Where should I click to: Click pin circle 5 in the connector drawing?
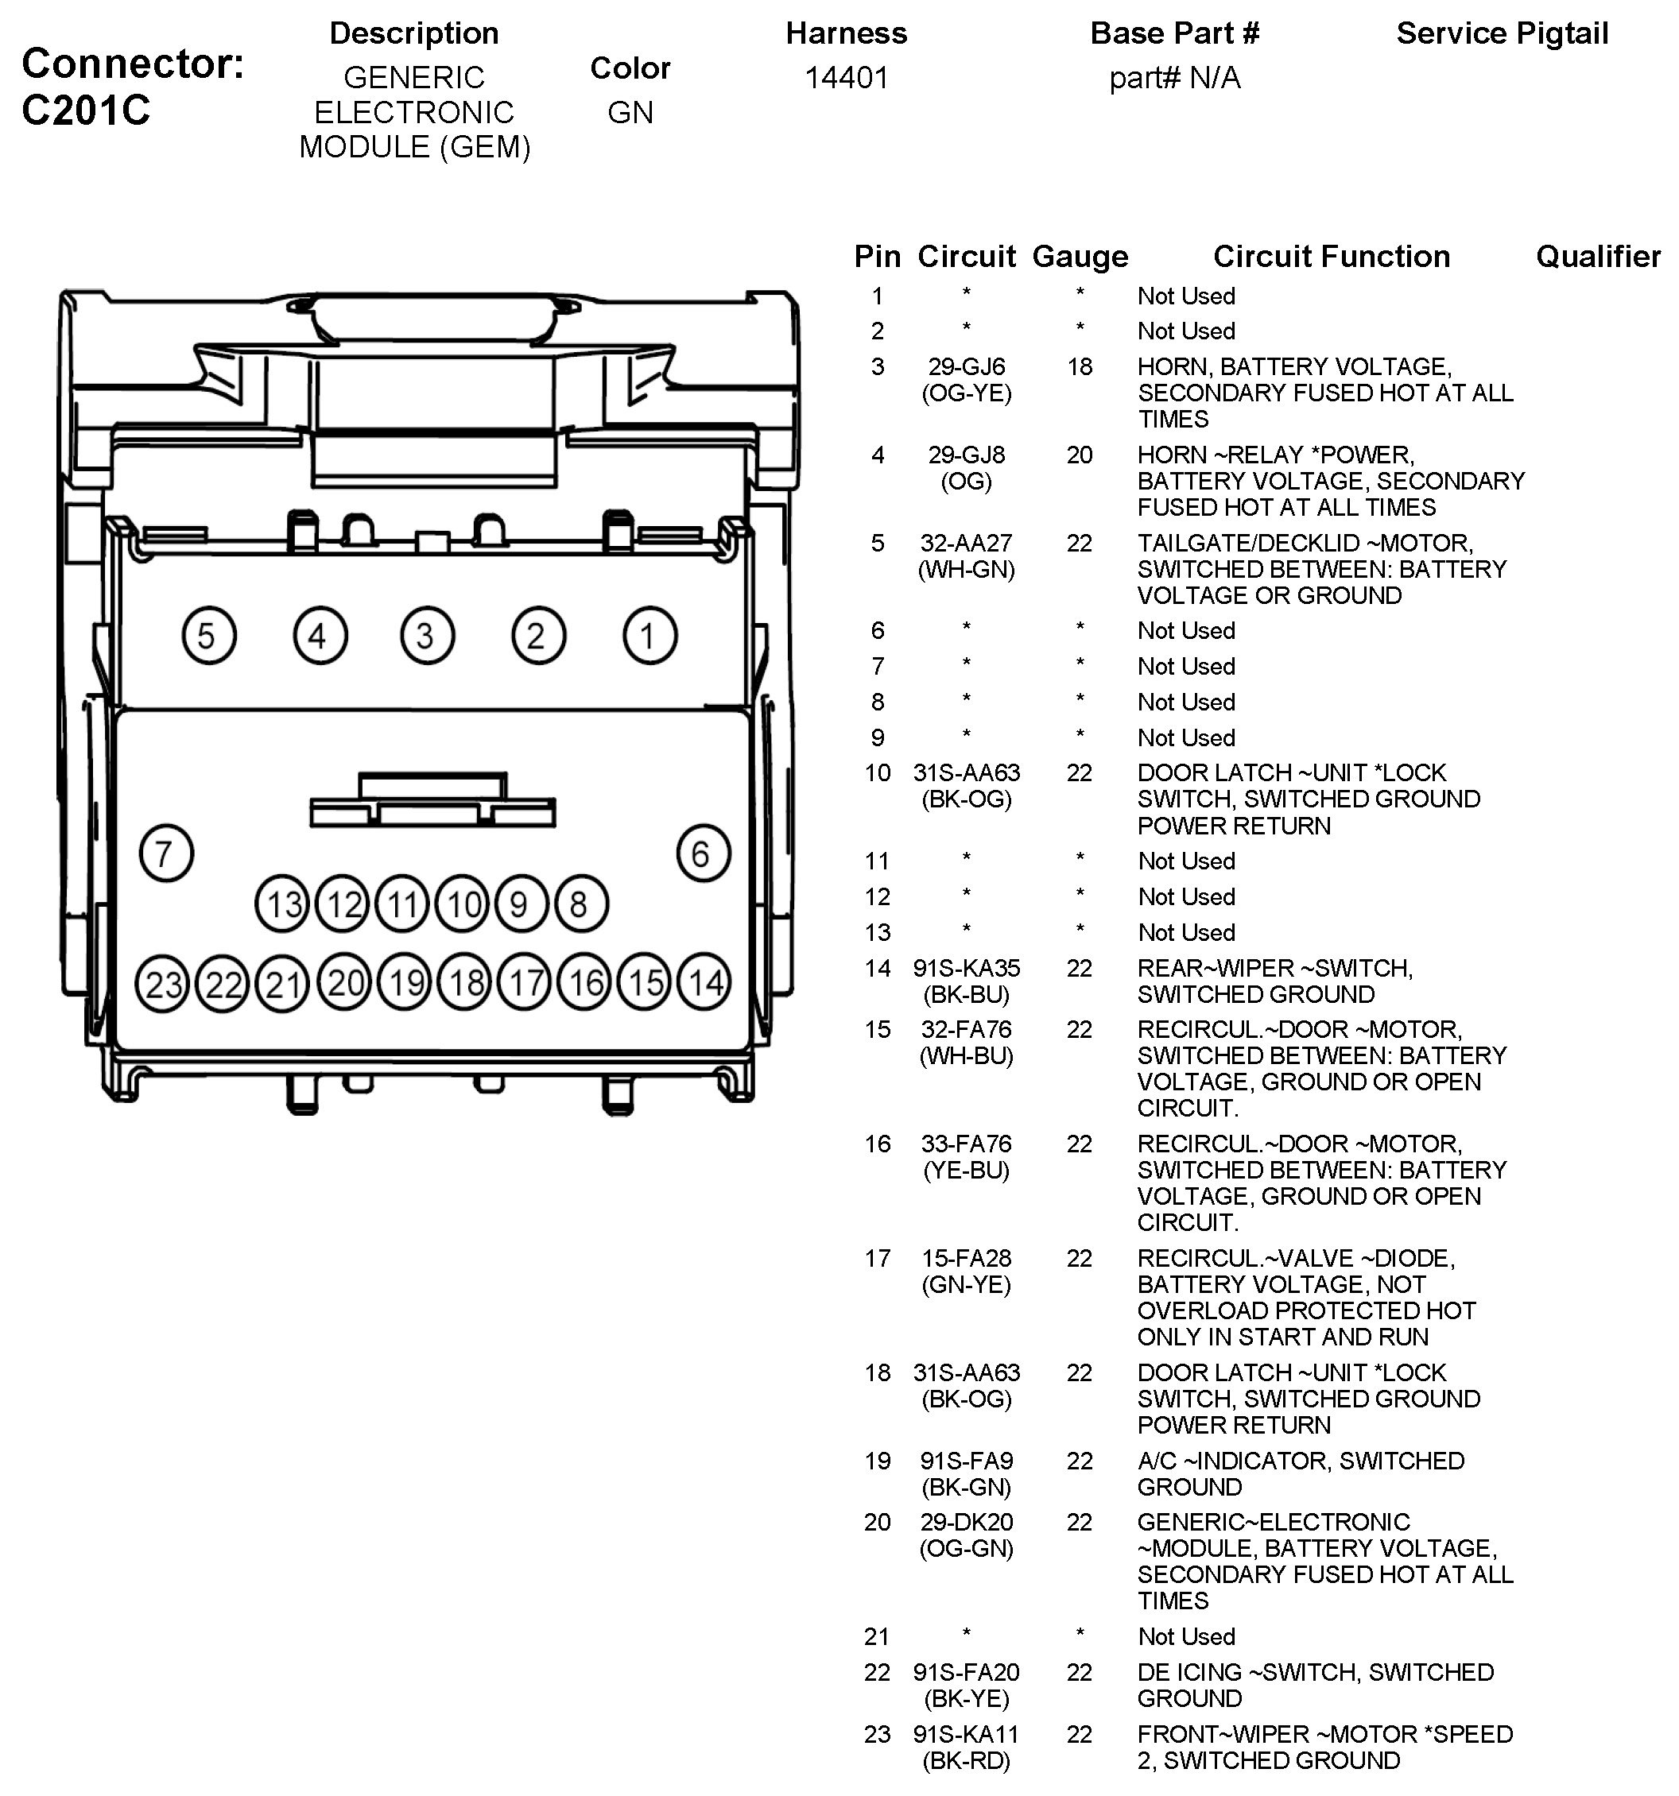click(209, 636)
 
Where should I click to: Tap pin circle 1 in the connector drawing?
click(649, 636)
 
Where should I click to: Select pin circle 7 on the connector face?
click(166, 853)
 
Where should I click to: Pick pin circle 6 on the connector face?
click(703, 853)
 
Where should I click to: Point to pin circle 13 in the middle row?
click(283, 904)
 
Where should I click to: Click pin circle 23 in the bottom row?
click(163, 984)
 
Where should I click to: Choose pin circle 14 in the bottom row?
click(704, 982)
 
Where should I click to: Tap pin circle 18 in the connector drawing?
click(464, 982)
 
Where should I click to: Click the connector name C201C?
click(86, 110)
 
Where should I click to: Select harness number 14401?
click(846, 79)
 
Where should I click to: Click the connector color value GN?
click(630, 113)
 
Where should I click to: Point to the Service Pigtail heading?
click(1502, 33)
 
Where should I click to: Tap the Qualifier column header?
click(1598, 257)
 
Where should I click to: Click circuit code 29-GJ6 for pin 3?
click(966, 367)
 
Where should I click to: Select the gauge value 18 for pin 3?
click(1079, 367)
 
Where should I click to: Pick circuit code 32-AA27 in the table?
click(966, 543)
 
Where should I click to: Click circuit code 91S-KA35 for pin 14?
click(966, 969)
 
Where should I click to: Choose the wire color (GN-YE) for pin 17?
click(966, 1285)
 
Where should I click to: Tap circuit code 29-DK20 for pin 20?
click(966, 1523)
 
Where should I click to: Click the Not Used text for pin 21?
click(1185, 1636)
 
